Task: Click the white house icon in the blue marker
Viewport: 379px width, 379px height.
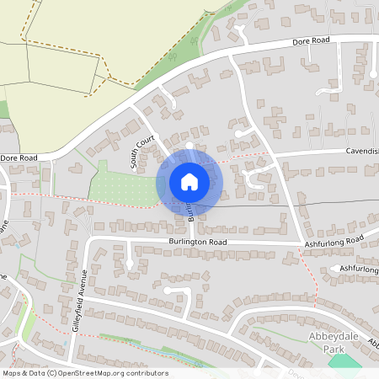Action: tap(189, 180)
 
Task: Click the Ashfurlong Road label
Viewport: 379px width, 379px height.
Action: tap(334, 242)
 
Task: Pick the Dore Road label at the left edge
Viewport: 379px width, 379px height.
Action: tap(19, 157)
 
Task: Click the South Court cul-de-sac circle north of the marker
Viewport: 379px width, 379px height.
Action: tap(189, 146)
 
